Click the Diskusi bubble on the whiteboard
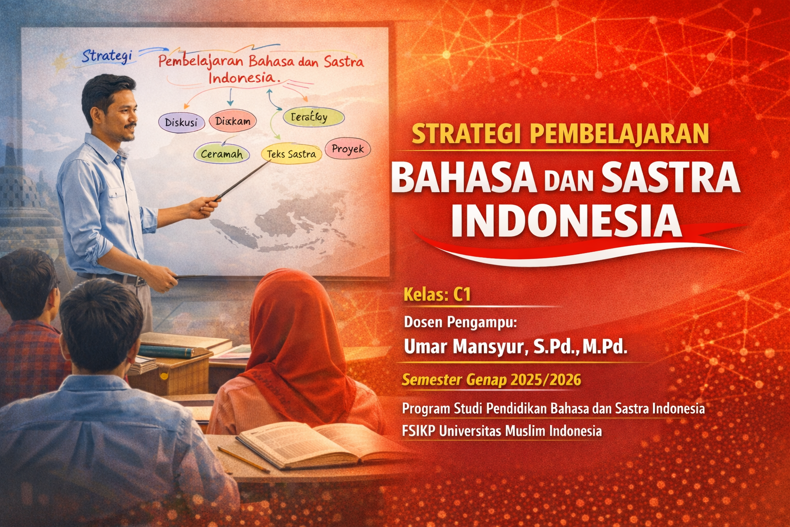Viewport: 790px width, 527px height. pos(181,123)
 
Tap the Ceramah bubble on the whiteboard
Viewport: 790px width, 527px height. pos(222,154)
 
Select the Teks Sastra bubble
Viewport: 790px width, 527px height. pos(291,154)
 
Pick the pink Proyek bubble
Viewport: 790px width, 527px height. pos(348,149)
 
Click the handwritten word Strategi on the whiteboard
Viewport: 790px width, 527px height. pos(107,56)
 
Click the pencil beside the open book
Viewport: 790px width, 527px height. pos(243,459)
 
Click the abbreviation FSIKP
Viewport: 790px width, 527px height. pos(418,431)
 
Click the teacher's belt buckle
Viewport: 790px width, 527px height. pos(140,282)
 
